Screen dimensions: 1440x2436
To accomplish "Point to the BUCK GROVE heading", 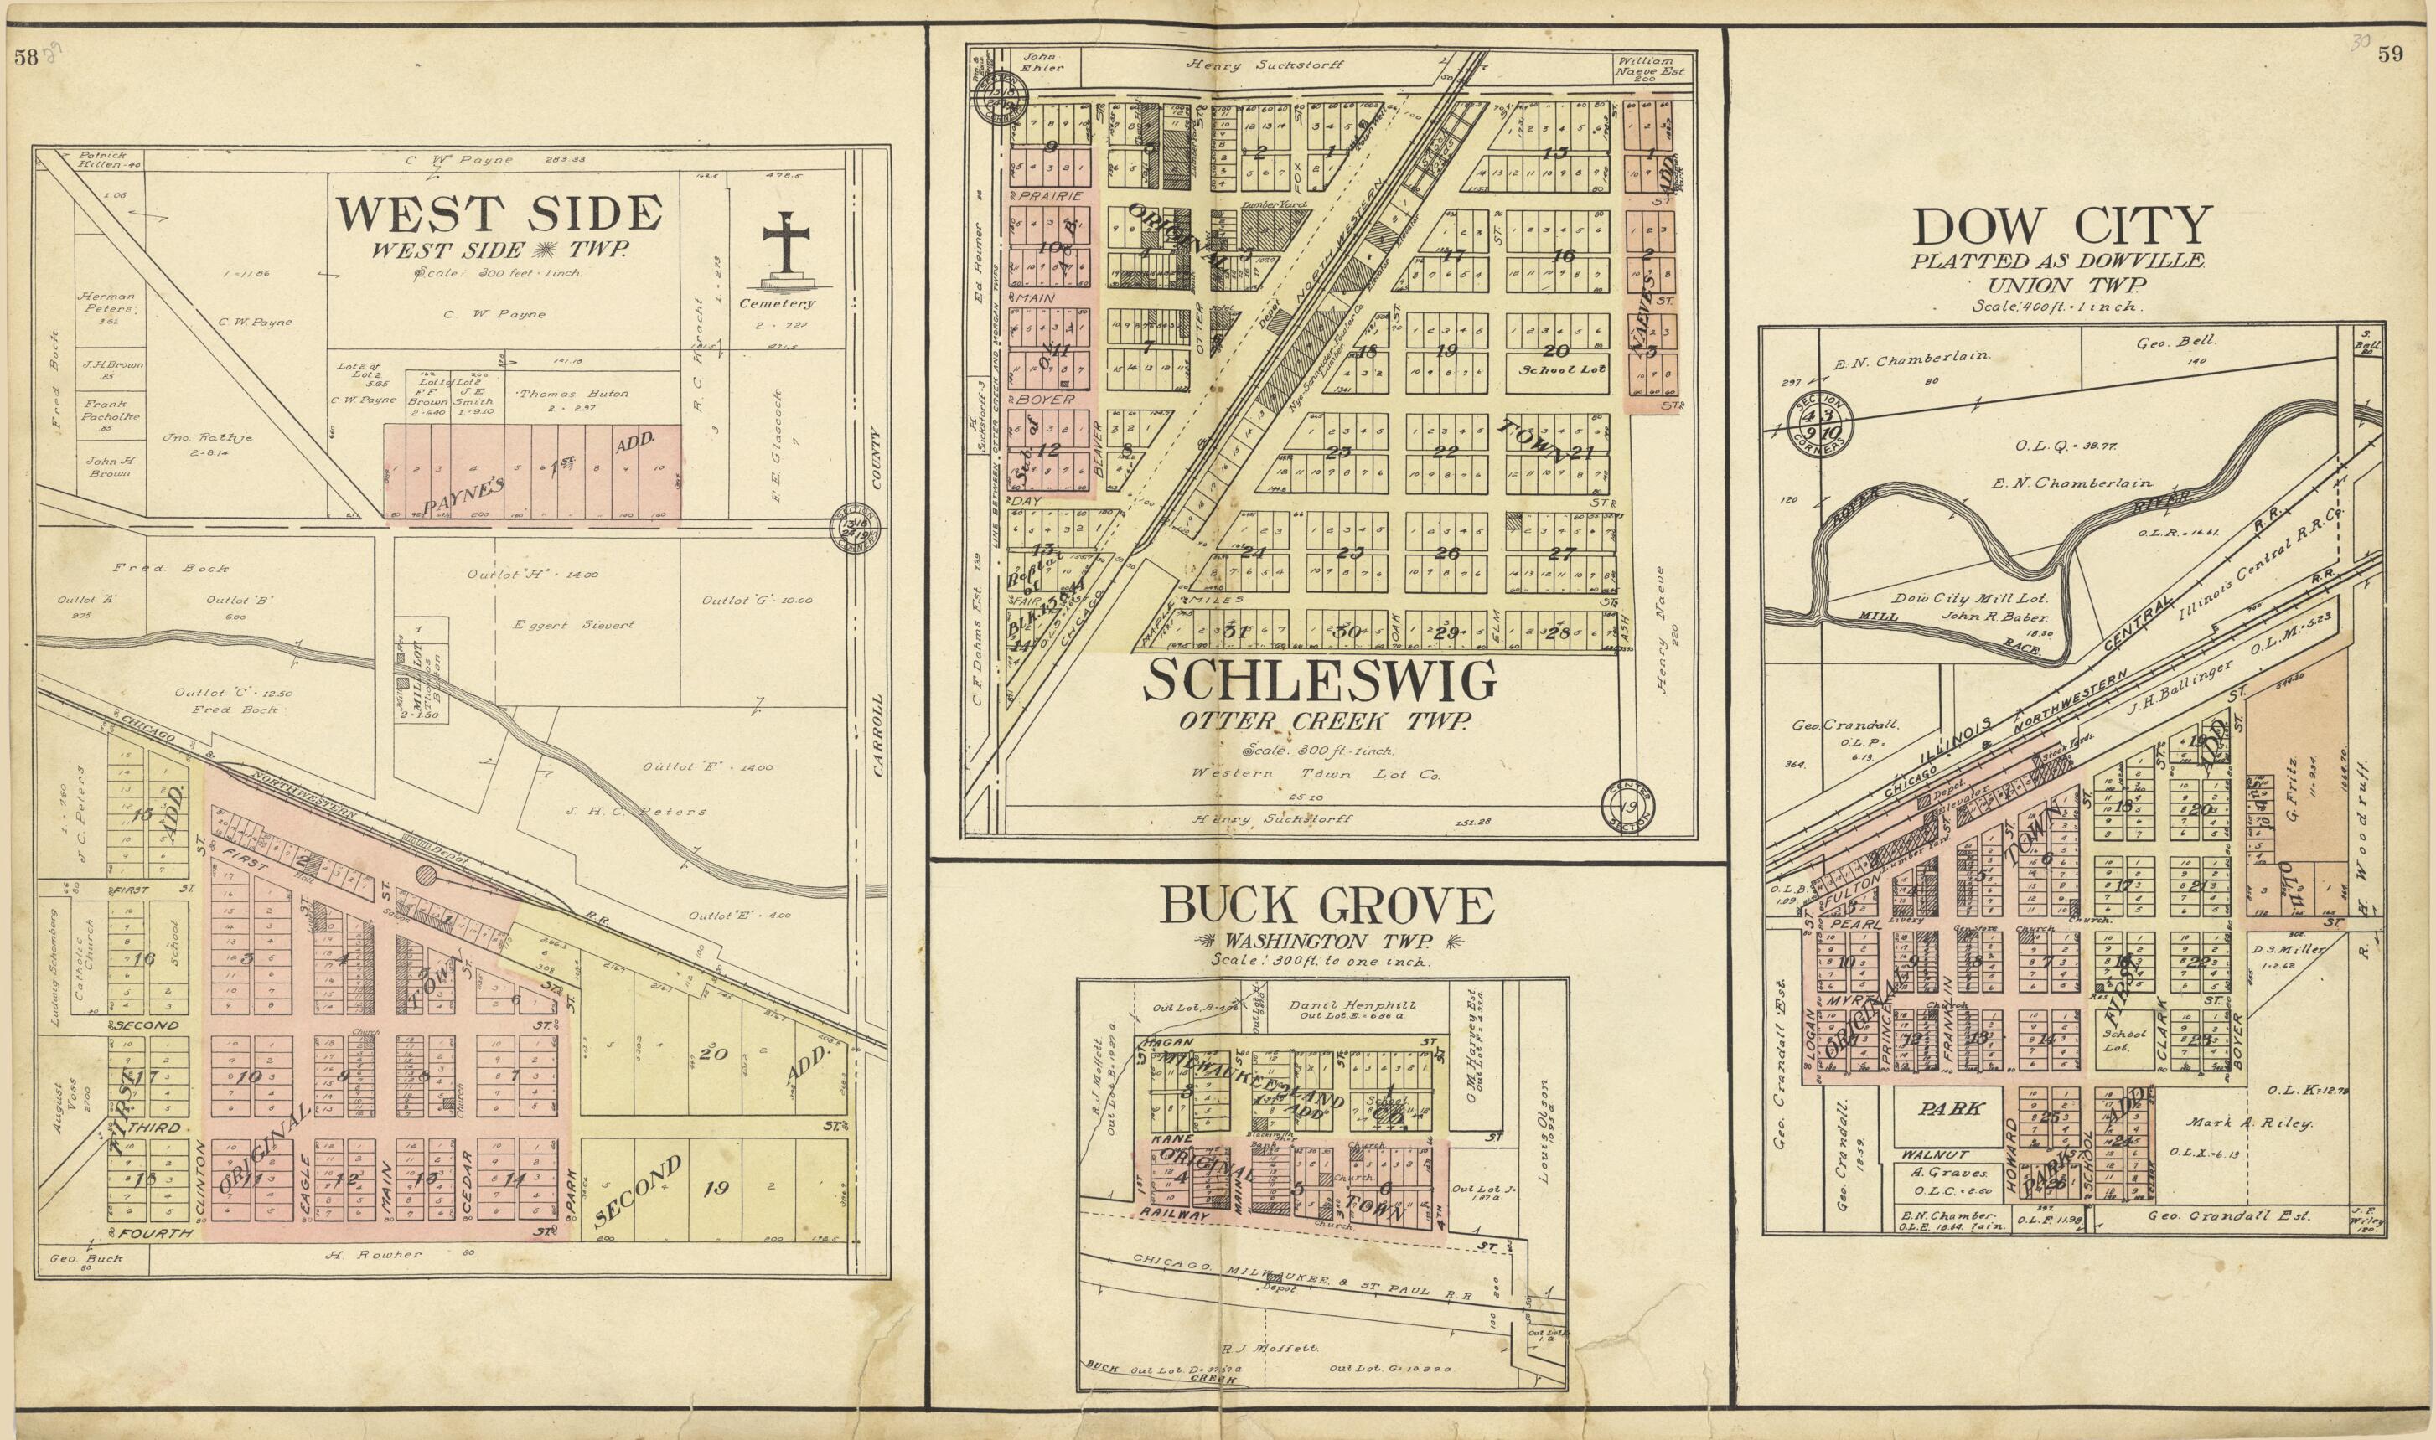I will click(x=1326, y=907).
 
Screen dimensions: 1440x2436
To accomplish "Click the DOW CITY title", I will click(x=2062, y=227).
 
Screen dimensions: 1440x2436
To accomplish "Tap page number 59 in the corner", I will click(x=2389, y=55).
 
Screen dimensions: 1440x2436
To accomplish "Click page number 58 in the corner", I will click(x=26, y=57).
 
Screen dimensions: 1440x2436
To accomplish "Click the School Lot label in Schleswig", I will click(x=1550, y=370).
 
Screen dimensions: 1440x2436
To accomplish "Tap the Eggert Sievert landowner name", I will click(x=573, y=625).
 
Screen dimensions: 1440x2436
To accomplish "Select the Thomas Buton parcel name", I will click(x=572, y=394).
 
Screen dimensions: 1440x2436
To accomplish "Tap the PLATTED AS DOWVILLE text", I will click(x=2063, y=261).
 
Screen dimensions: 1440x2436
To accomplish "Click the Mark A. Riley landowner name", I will click(x=2248, y=1123).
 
